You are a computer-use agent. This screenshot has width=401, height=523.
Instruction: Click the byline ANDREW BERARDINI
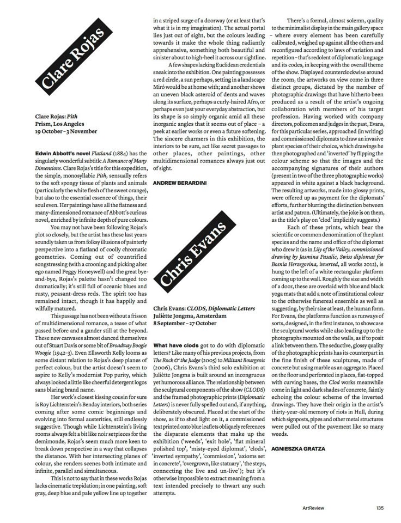[180, 184]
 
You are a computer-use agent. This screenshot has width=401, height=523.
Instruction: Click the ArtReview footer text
[315, 509]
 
